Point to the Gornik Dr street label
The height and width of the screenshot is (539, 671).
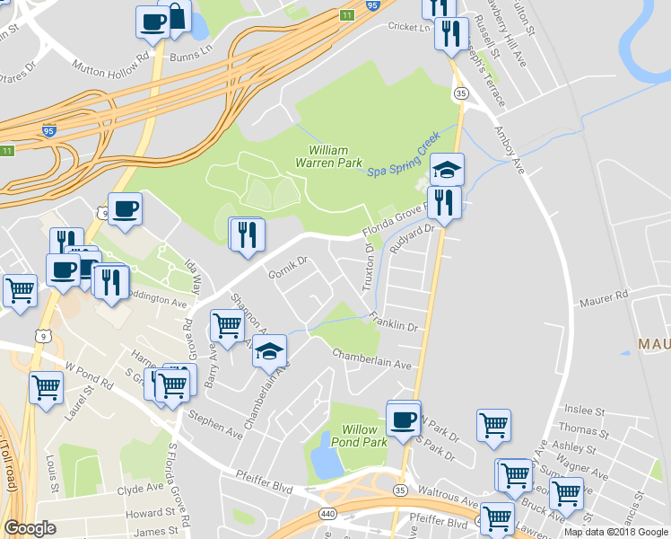click(290, 266)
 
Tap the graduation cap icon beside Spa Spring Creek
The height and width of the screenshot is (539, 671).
click(447, 168)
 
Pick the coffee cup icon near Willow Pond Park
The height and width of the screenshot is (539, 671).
click(404, 418)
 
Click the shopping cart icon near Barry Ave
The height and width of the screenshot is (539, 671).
click(228, 325)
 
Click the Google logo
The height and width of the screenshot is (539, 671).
click(30, 529)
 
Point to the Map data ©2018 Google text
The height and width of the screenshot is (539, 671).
click(616, 532)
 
